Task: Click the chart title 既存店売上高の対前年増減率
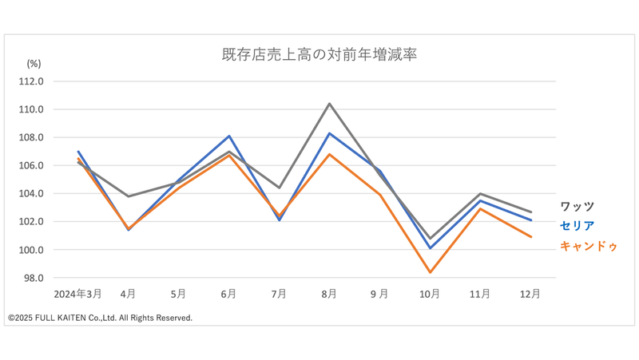pyautogui.click(x=319, y=56)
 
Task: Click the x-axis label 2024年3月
pyautogui.click(x=77, y=294)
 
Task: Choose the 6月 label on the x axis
pyautogui.click(x=228, y=294)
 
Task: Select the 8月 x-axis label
pyautogui.click(x=329, y=294)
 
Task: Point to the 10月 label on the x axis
pyautogui.click(x=430, y=294)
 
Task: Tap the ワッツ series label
pyautogui.click(x=577, y=207)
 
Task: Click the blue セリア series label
pyautogui.click(x=577, y=226)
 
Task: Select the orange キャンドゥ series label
pyautogui.click(x=589, y=246)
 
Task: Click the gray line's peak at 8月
pyautogui.click(x=329, y=104)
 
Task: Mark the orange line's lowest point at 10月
pyautogui.click(x=430, y=273)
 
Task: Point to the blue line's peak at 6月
pyautogui.click(x=229, y=136)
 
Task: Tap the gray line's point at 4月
pyautogui.click(x=129, y=196)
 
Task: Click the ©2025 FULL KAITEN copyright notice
pyautogui.click(x=100, y=318)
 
